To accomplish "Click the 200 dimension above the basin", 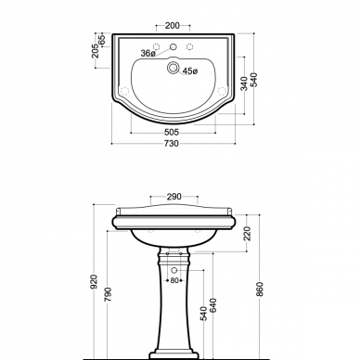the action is [173, 25].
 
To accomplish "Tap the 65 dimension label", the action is [102, 40].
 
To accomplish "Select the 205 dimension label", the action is [96, 51].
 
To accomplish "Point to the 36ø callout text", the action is [148, 53].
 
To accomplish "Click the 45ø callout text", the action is [190, 71].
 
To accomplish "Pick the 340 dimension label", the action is [244, 84].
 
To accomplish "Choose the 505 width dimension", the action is [172, 133].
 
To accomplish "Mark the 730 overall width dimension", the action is [171, 144].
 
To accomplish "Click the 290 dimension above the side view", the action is [174, 197].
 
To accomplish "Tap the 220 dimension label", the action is [247, 234].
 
